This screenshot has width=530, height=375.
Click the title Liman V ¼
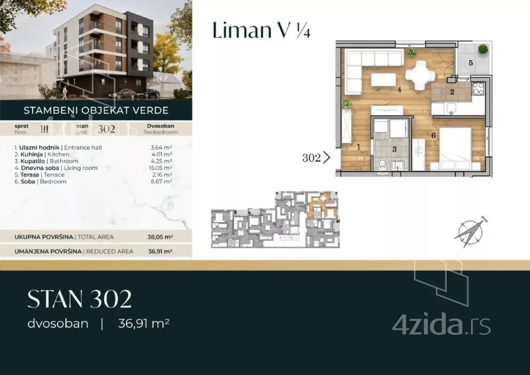(x=262, y=30)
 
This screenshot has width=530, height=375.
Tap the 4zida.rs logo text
(x=441, y=323)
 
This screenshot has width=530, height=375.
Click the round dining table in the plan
(x=420, y=74)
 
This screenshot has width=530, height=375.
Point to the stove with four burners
(x=478, y=89)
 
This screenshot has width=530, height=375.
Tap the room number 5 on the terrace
(x=471, y=63)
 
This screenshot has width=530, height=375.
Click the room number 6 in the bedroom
(x=433, y=135)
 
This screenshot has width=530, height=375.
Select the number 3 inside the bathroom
(x=394, y=149)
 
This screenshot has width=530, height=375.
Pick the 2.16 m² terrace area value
(x=162, y=175)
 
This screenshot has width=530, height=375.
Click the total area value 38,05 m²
(x=160, y=237)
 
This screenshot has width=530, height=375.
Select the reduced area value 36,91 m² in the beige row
(x=160, y=251)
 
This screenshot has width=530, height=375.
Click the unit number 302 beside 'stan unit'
(x=106, y=129)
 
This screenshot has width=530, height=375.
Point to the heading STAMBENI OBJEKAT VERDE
(x=96, y=110)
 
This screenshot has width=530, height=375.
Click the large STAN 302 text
(x=79, y=299)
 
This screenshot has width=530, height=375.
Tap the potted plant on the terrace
(x=483, y=50)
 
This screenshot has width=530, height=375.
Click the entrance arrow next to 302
(x=326, y=158)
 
